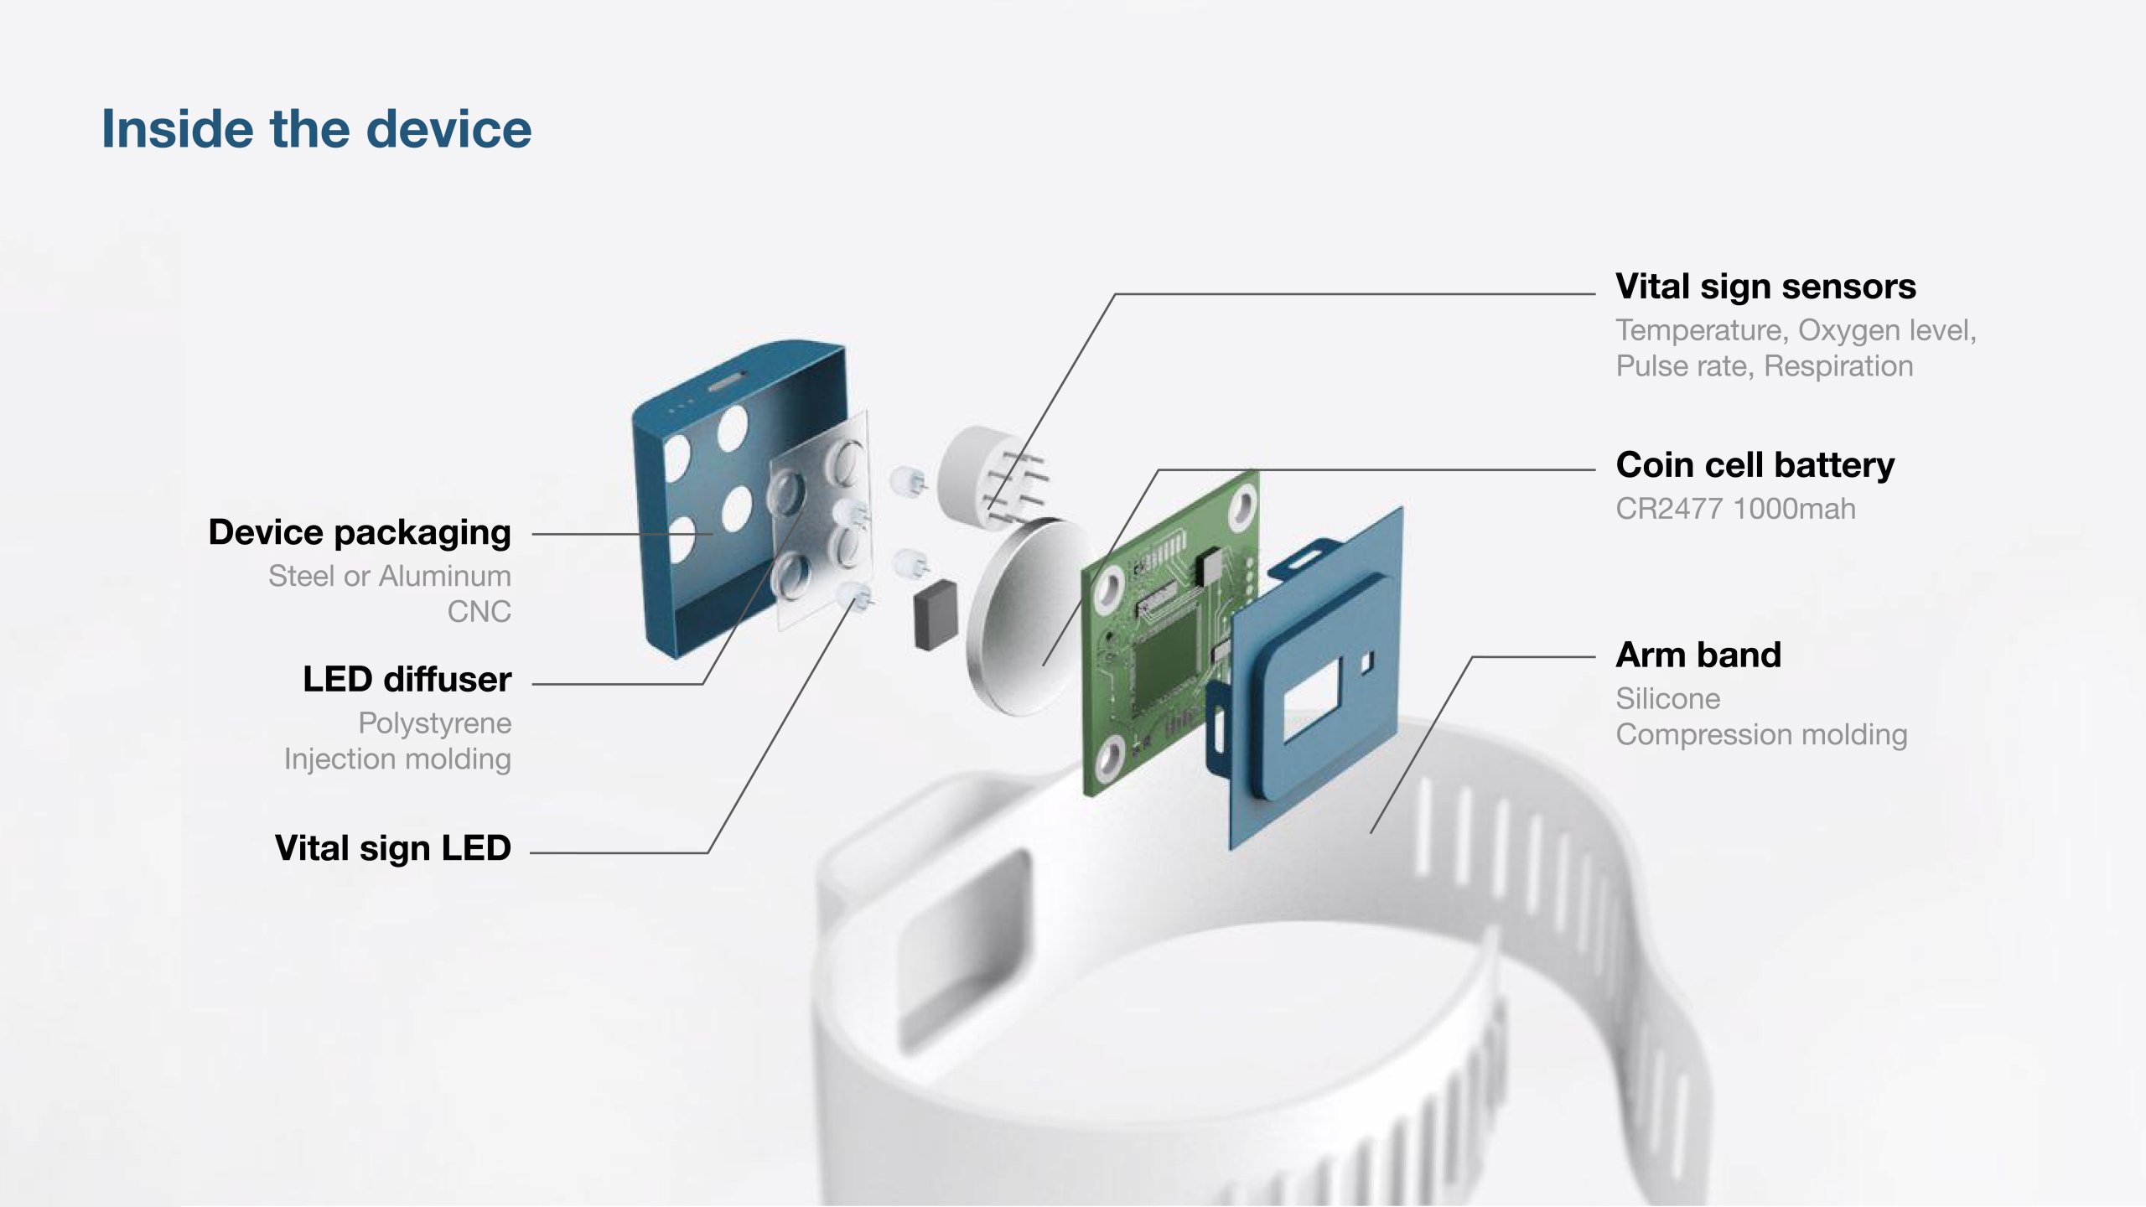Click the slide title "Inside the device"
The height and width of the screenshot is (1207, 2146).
coord(316,129)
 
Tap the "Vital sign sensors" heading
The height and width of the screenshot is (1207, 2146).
coord(1765,287)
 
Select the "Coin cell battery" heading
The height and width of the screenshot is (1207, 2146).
coord(1755,465)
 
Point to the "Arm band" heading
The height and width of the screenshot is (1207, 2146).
coord(1698,655)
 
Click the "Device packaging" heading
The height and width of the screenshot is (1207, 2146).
coord(360,533)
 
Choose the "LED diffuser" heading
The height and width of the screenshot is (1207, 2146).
coord(407,680)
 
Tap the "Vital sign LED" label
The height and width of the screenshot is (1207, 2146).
coord(393,848)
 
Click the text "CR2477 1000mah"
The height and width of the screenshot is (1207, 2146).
coord(1735,509)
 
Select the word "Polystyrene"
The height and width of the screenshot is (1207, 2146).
coord(435,723)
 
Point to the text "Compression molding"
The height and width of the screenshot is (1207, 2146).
coord(1761,735)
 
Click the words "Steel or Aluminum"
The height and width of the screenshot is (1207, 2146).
coord(390,576)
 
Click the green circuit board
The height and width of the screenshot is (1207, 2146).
coord(1169,633)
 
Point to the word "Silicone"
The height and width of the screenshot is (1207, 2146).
coord(1668,699)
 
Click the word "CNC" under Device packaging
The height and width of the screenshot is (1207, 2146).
coord(479,612)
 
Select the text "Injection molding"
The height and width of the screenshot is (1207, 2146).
coord(397,759)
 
